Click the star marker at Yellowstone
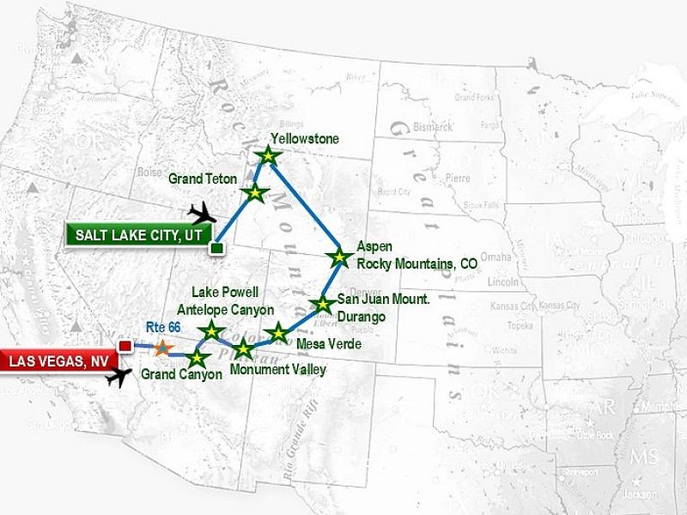click(x=269, y=155)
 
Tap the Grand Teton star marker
click(x=254, y=192)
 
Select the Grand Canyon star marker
click(x=198, y=357)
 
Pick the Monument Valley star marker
click(x=244, y=348)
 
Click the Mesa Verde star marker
click(x=278, y=333)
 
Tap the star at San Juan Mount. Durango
click(x=322, y=304)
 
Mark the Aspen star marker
click(x=339, y=257)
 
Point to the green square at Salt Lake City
click(x=216, y=248)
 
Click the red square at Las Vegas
click(x=125, y=346)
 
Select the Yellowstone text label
click(x=305, y=138)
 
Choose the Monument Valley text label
click(x=278, y=370)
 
